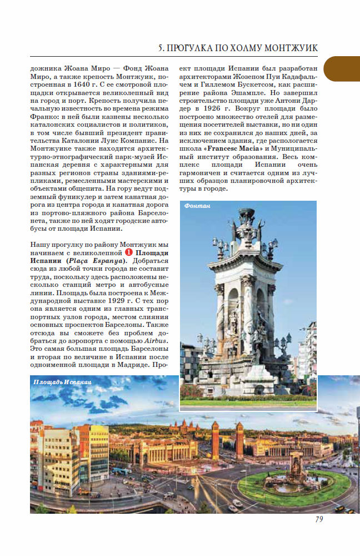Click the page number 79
coord(319,519)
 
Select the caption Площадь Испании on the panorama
coord(62,382)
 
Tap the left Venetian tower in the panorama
coord(215,439)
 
